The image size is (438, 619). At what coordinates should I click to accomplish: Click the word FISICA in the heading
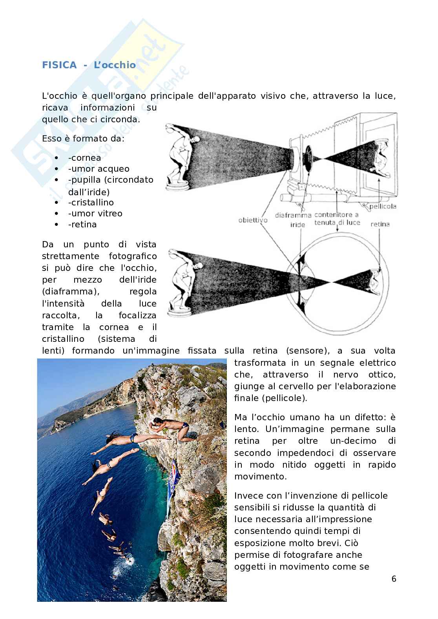(x=59, y=65)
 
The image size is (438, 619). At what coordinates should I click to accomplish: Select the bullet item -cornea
(x=84, y=158)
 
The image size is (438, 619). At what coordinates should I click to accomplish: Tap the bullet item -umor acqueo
(x=99, y=169)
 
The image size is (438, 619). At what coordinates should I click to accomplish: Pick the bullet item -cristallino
(x=91, y=202)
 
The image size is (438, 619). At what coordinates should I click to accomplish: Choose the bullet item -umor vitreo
(x=95, y=213)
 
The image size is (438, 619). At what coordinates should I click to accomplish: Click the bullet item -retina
(x=82, y=224)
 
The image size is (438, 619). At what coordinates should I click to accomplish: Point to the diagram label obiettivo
(x=253, y=220)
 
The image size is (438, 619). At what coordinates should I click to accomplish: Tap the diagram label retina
(x=380, y=224)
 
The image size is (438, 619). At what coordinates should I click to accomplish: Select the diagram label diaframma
(x=293, y=215)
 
